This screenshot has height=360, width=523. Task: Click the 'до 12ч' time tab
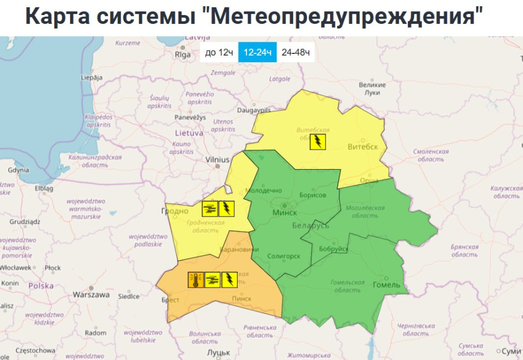point(218,53)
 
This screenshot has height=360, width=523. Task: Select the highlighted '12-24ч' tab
point(257,53)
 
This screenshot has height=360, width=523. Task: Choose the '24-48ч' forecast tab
point(295,53)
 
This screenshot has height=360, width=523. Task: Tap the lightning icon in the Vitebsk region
point(318,141)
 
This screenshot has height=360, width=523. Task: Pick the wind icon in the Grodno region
point(210,209)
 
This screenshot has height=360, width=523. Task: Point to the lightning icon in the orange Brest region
point(229,280)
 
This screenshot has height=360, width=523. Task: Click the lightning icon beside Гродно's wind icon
point(226,209)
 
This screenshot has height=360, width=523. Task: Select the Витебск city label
point(362,147)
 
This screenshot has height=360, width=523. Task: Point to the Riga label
point(182,55)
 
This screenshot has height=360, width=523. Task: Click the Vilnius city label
point(218,160)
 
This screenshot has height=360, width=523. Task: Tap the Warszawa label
point(91,295)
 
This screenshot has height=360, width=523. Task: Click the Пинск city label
point(241,299)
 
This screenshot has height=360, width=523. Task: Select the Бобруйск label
point(333,249)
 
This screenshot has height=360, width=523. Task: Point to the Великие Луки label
point(372,88)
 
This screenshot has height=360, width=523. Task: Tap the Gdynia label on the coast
point(19,170)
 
